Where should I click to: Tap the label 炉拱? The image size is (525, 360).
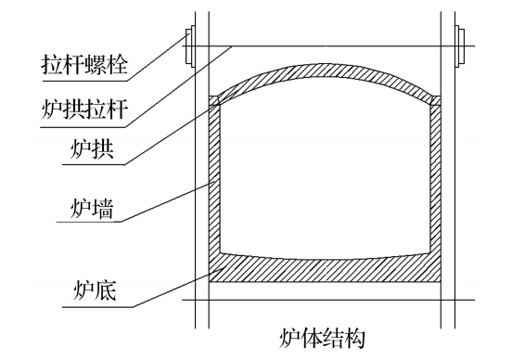(x=92, y=150)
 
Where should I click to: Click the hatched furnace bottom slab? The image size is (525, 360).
(x=325, y=271)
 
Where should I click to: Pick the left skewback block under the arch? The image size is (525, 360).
(x=215, y=99)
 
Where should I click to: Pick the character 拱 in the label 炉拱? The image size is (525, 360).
(x=104, y=150)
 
